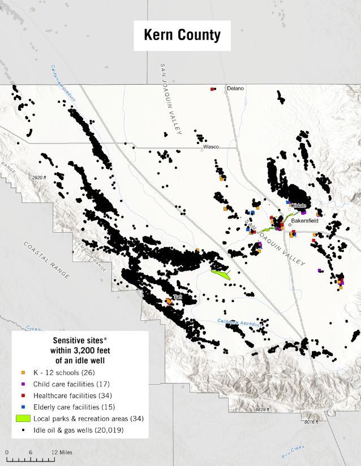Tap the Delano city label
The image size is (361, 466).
pos(235,89)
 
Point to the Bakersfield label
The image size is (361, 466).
pos(305,221)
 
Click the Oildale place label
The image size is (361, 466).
pos(298,206)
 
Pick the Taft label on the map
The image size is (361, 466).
pos(178,297)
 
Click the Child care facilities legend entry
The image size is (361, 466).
pos(71,384)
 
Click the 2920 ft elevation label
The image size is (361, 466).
pos(39,177)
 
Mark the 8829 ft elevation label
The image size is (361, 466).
pos(262,409)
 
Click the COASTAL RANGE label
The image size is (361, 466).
pos(47,260)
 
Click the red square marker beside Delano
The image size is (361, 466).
pos(212,89)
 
